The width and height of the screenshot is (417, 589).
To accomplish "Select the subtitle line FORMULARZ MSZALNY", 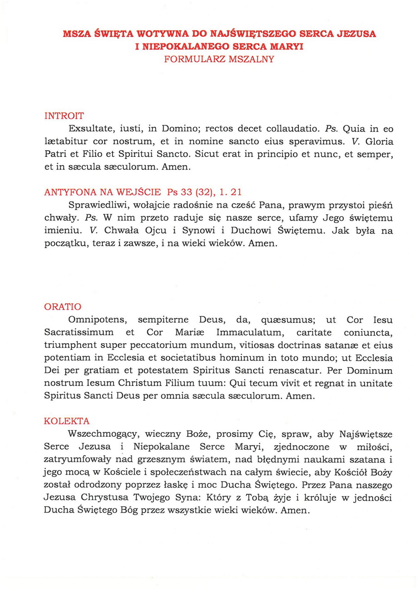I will (219, 59).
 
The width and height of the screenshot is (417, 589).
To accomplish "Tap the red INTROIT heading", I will (64, 116).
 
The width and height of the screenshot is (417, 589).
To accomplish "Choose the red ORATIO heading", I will (63, 307).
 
